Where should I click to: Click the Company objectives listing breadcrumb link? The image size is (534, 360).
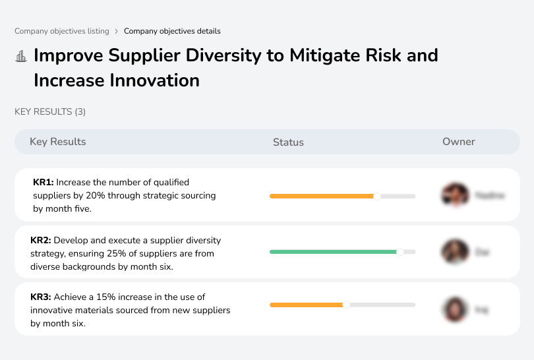[62, 31]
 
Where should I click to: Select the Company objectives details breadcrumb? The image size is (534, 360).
[172, 31]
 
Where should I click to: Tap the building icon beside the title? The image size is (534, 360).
[21, 56]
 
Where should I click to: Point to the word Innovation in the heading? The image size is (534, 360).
[158, 80]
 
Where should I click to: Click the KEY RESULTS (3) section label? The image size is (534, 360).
[50, 112]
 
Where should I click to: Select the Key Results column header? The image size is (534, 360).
[57, 142]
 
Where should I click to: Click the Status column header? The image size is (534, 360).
[288, 142]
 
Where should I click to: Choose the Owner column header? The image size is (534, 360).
[458, 142]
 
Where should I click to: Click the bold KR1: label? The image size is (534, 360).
[43, 182]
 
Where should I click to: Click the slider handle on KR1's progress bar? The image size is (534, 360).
[377, 196]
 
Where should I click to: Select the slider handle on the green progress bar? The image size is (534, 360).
[400, 252]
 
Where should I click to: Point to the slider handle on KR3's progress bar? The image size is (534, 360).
[346, 305]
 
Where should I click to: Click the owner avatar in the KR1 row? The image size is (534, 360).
[454, 195]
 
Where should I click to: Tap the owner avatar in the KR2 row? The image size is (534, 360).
[454, 252]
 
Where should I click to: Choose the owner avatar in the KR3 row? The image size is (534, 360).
[454, 309]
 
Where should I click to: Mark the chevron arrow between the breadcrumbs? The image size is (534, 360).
[117, 31]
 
